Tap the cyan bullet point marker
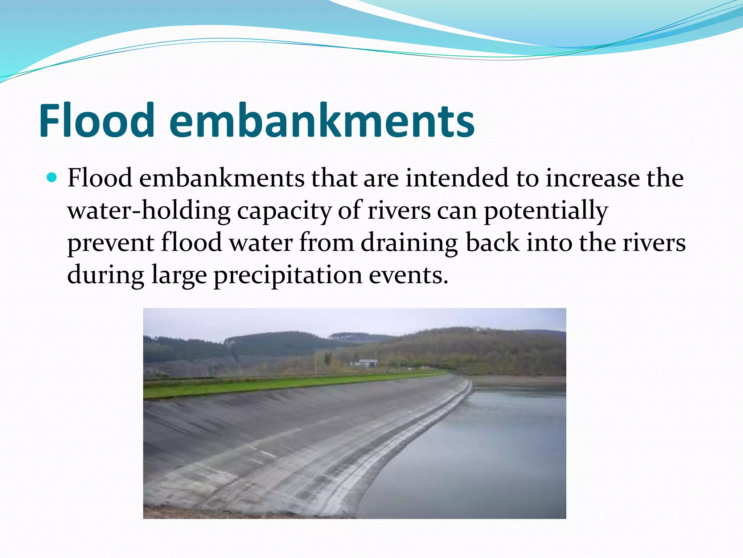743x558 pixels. [x=52, y=178]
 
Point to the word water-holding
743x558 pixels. [x=149, y=211]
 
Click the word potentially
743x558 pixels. [x=546, y=211]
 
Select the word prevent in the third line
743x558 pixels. [x=111, y=243]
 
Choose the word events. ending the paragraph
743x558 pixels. [x=409, y=275]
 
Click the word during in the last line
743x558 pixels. [x=106, y=275]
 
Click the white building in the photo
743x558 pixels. [x=367, y=363]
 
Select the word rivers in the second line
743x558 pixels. [x=399, y=211]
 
